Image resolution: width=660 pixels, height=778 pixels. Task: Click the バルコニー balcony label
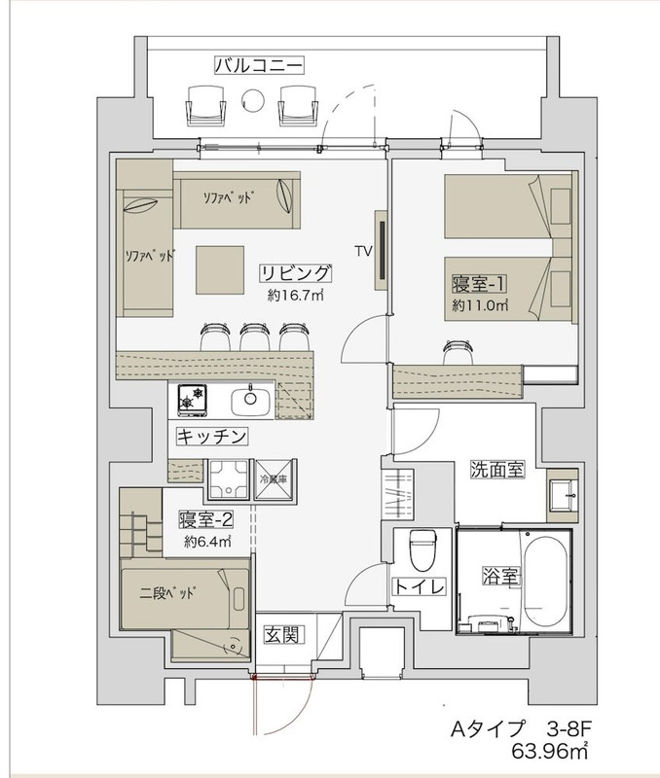coord(259,65)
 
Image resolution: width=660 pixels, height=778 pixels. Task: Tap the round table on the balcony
coord(253,100)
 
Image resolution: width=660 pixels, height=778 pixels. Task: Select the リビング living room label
coord(296,273)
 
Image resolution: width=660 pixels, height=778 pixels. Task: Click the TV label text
coord(363,252)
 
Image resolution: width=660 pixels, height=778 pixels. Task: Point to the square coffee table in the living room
coord(219,270)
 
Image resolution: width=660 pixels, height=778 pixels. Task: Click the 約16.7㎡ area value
coord(296,296)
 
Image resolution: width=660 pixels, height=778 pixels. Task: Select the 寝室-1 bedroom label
coord(479,284)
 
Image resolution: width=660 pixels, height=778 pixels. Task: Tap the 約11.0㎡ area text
coord(480,305)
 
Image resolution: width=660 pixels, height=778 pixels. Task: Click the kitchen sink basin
coord(250,400)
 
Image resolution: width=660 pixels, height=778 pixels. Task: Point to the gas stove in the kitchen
coord(192,400)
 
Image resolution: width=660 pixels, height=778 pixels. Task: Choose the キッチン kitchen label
coord(212,436)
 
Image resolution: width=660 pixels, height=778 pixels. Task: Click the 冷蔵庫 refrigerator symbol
coord(275,479)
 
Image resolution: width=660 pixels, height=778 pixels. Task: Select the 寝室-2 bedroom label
coord(205,520)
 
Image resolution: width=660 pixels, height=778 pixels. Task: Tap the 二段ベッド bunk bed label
coord(165,593)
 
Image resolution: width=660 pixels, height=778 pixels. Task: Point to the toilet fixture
coord(422,549)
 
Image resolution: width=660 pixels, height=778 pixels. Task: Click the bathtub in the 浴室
coord(545,578)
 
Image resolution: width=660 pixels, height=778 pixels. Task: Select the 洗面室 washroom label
coord(497,469)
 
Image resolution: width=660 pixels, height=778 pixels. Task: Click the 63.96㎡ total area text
coord(550,752)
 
